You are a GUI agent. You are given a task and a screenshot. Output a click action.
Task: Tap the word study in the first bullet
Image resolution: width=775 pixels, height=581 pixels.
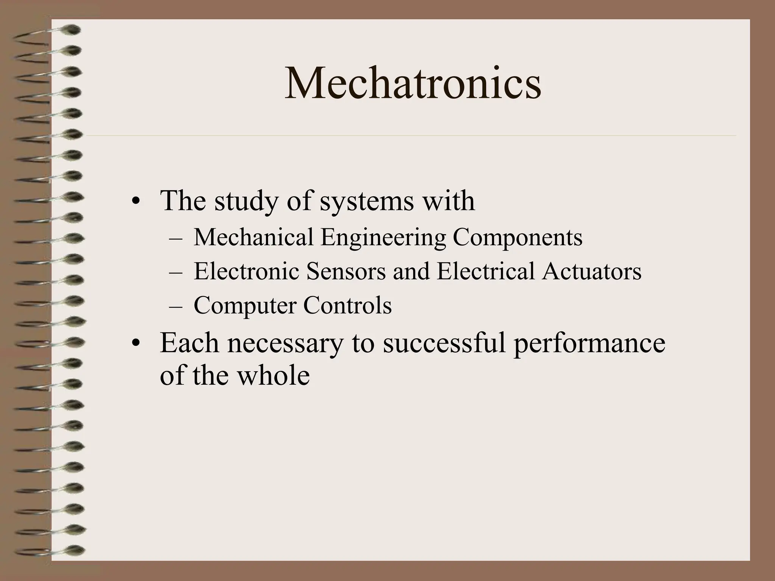point(246,201)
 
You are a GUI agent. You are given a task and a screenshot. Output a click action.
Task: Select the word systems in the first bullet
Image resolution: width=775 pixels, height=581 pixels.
point(366,201)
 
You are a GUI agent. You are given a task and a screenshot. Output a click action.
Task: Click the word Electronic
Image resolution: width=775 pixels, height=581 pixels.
point(246,271)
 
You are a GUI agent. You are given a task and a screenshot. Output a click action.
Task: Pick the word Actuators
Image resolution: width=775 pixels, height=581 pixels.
point(591,271)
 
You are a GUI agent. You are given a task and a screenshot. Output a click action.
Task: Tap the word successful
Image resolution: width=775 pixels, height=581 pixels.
point(444,343)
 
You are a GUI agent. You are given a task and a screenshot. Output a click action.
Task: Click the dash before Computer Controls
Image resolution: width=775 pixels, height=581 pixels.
point(176,306)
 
